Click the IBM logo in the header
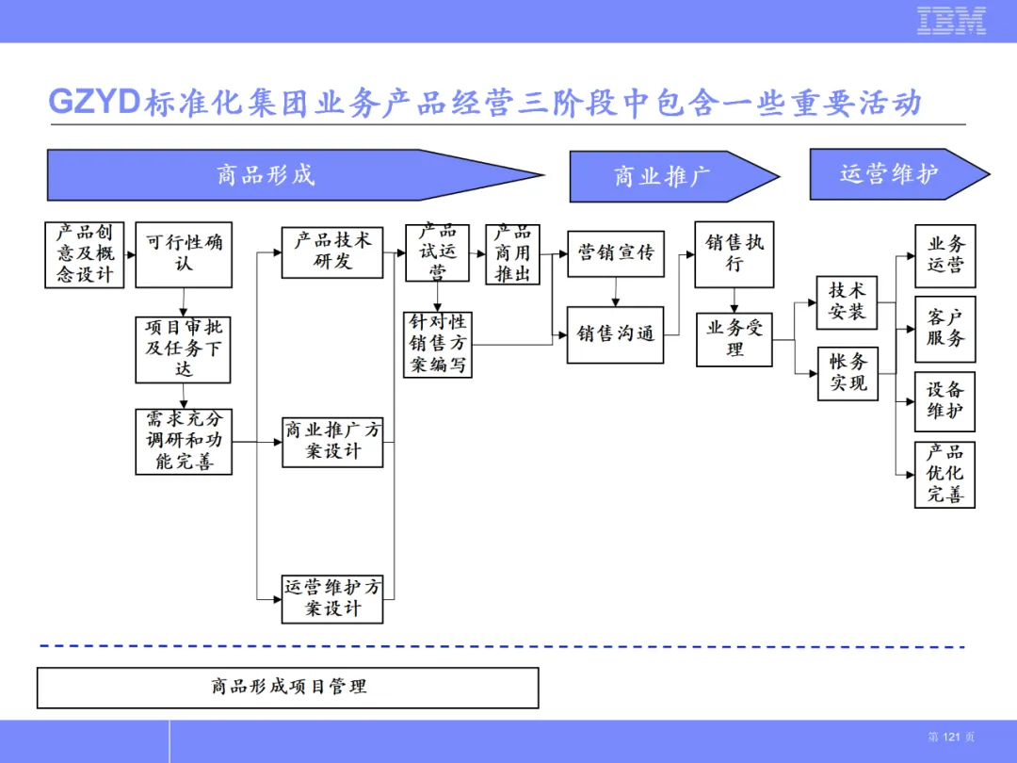tap(951, 21)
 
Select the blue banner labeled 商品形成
tap(295, 175)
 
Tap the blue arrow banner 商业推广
tap(674, 176)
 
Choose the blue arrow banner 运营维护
tap(899, 174)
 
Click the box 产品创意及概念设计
tap(85, 254)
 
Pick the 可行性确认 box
tap(184, 254)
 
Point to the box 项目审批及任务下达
tap(183, 349)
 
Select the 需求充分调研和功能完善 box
tap(184, 441)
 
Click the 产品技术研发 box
tap(332, 252)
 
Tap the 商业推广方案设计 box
tap(332, 443)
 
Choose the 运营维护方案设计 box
tap(332, 599)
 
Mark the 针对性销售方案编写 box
tap(438, 344)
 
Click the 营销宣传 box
tap(616, 253)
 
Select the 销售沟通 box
tap(616, 334)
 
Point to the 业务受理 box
tap(734, 340)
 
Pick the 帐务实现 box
tap(847, 374)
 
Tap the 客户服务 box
tap(945, 329)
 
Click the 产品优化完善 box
tap(945, 474)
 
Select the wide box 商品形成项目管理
tap(288, 688)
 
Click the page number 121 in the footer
tap(951, 737)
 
